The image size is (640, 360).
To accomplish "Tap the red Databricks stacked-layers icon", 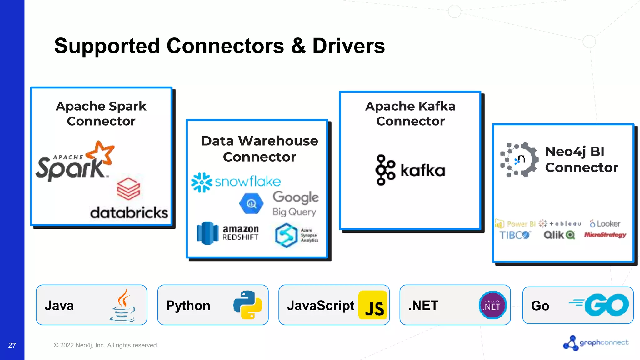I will point(128,189).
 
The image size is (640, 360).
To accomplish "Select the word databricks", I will point(129,213).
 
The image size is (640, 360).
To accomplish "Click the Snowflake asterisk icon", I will point(202,182).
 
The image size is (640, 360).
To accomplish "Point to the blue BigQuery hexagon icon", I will point(251,204).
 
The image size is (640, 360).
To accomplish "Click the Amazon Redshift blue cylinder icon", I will point(207,233).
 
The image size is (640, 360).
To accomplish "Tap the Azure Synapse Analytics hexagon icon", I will point(286,235).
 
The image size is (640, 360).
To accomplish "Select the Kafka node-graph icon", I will point(385,170).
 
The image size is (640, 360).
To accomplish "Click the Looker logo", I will point(605,224).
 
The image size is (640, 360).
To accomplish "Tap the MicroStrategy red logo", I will point(605,235).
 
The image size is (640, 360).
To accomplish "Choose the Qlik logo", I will point(559,235).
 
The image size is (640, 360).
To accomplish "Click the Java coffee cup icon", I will point(123,306).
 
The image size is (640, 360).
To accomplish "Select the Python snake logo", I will point(247,305).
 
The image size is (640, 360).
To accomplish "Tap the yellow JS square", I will point(372,305).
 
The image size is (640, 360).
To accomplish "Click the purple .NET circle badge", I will point(492,305).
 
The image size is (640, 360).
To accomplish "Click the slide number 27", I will point(12,345).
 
